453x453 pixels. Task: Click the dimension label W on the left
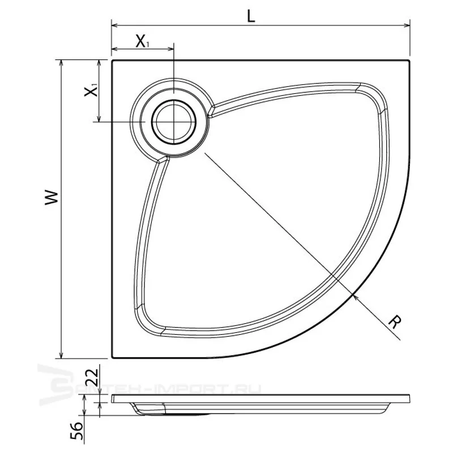tap(52, 198)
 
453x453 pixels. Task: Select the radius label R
tap(395, 322)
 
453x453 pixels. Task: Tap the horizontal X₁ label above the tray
tap(142, 41)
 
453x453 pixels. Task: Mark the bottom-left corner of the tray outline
tap(113, 357)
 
